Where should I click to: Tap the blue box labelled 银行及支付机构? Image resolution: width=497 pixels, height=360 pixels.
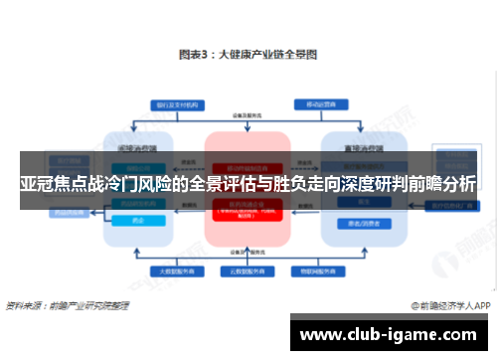click(x=176, y=103)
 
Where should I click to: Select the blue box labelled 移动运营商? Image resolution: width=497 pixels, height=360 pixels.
click(x=318, y=103)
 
